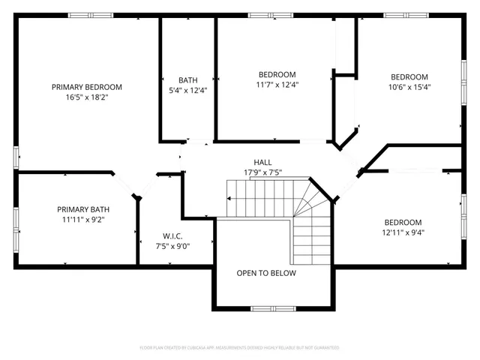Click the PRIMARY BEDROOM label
click(x=87, y=87)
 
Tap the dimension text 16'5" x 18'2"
click(x=87, y=97)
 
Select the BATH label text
click(x=187, y=80)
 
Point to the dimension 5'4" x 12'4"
click(x=187, y=91)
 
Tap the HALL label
click(x=262, y=162)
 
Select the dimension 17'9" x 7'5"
click(x=262, y=172)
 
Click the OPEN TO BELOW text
click(x=266, y=273)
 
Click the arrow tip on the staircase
click(x=227, y=199)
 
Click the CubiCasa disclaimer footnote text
click(x=240, y=348)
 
